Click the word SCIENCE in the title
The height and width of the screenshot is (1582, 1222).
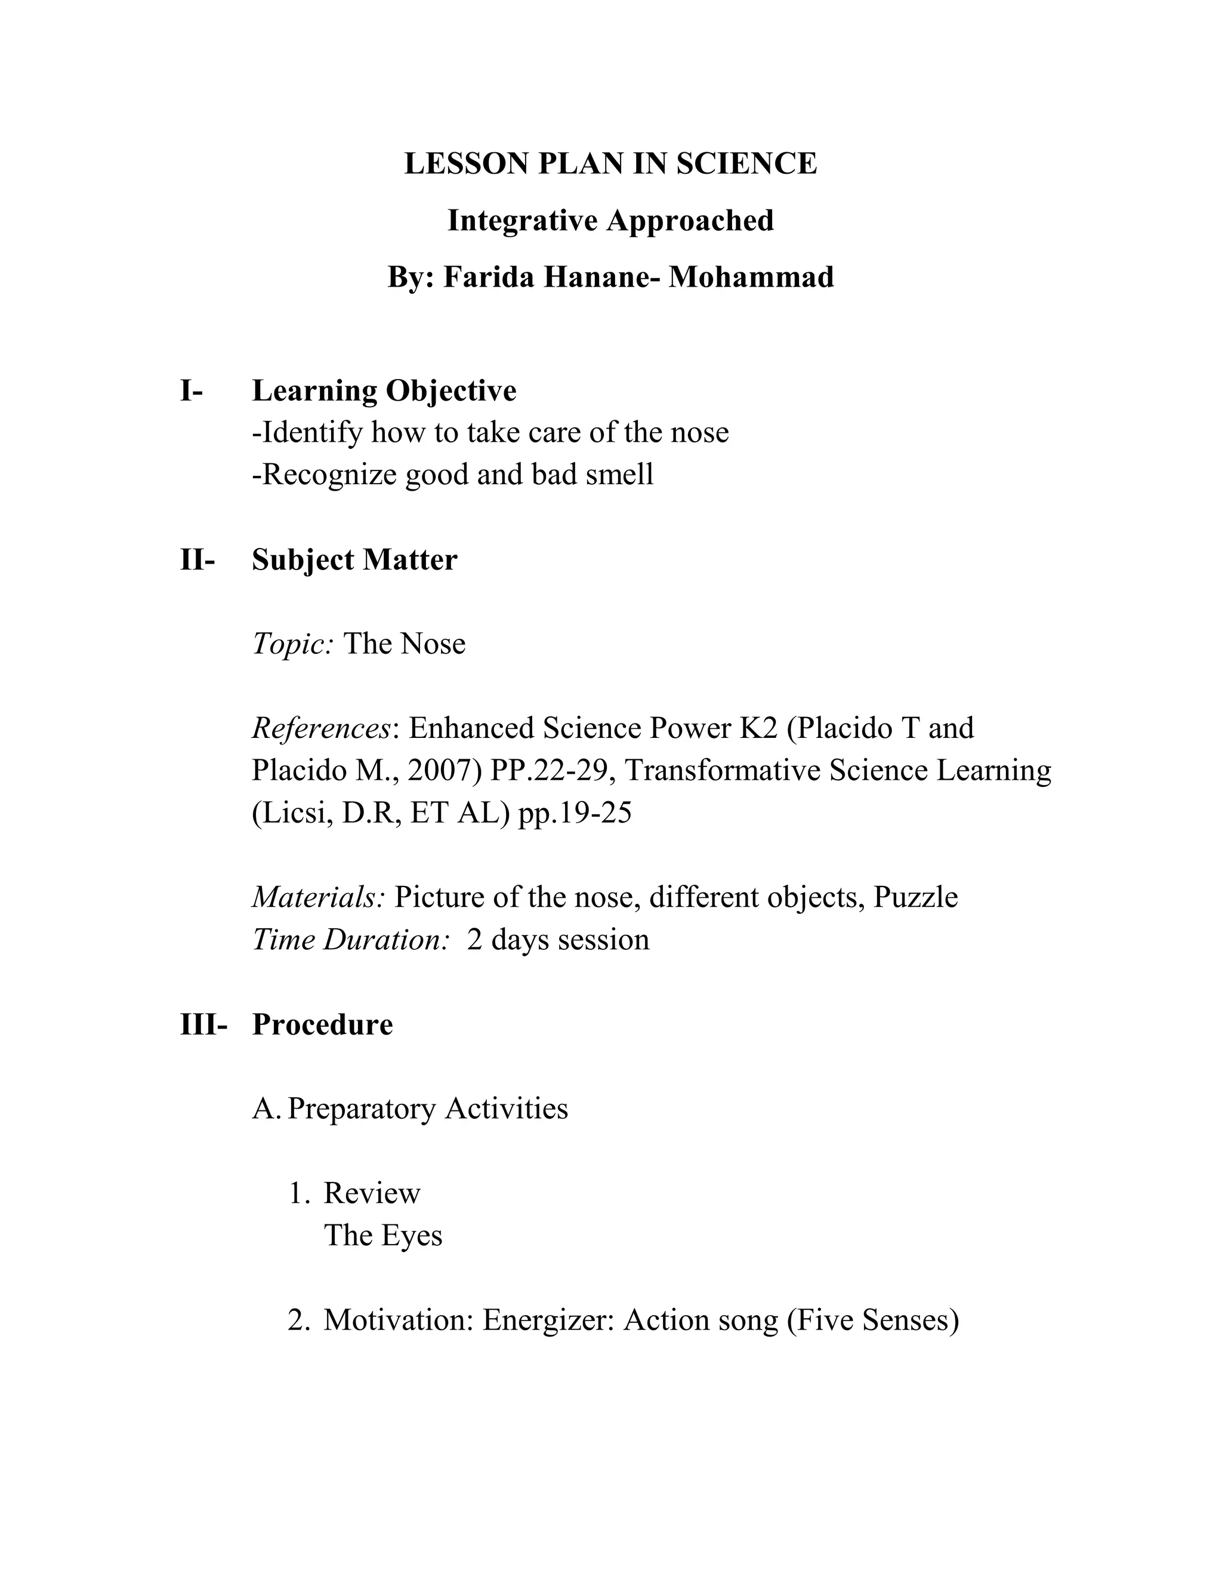click(746, 164)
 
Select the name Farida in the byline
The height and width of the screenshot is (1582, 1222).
click(489, 277)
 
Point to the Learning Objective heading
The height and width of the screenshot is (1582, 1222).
click(384, 391)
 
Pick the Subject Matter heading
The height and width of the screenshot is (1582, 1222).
click(354, 560)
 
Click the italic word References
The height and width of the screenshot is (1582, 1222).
click(320, 728)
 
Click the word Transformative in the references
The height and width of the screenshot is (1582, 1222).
click(722, 771)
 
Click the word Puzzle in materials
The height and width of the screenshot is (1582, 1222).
click(915, 897)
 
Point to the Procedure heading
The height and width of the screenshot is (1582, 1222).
click(322, 1024)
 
